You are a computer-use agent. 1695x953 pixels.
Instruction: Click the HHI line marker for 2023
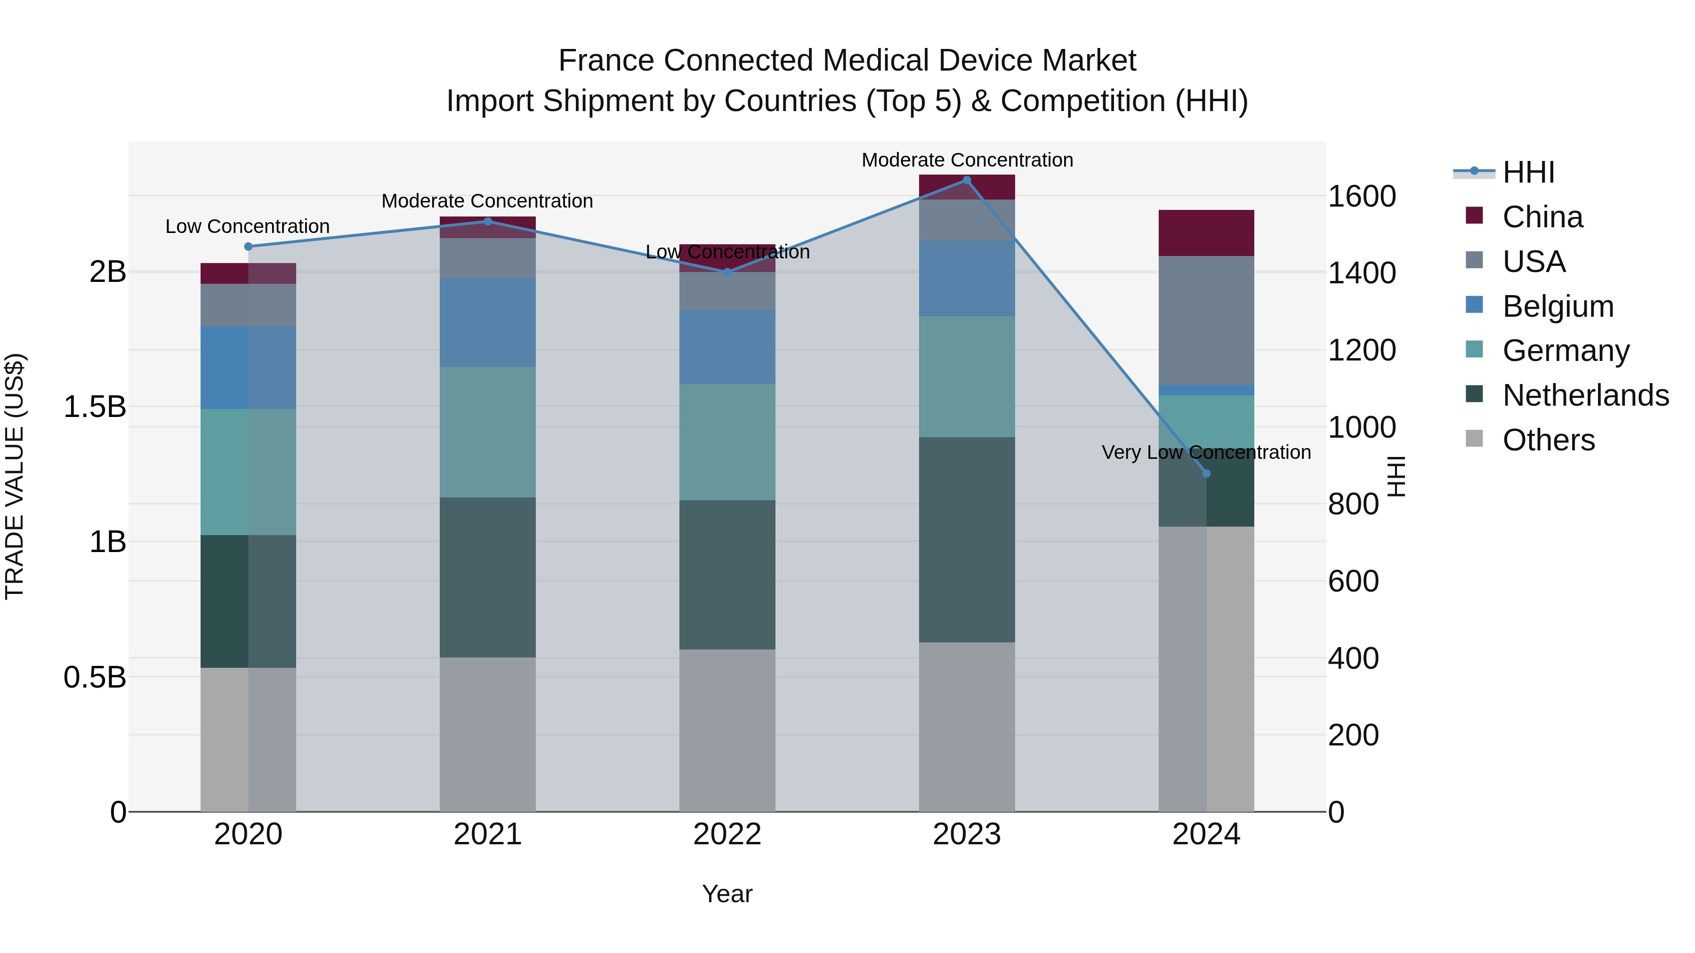coord(967,180)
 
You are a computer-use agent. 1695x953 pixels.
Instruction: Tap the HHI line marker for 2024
coord(1206,473)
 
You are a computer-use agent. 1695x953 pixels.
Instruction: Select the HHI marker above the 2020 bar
coord(248,247)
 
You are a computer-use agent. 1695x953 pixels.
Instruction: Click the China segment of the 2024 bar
coord(1206,233)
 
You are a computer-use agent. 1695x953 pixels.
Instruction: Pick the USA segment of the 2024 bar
coord(1206,320)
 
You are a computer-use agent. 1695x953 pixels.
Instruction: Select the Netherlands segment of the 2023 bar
coord(967,539)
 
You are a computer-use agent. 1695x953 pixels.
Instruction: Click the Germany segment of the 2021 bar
coord(488,432)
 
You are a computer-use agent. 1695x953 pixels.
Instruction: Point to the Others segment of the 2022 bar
coord(727,730)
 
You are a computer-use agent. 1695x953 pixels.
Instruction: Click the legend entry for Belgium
coord(1558,306)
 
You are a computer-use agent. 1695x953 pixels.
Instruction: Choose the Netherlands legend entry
coord(1585,395)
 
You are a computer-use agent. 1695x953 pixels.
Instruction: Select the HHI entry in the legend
coord(1528,172)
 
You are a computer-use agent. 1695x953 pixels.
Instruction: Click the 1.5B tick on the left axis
coord(95,407)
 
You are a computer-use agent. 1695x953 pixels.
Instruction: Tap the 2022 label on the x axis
coord(727,834)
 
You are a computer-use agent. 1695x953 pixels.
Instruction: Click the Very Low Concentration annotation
coord(1206,452)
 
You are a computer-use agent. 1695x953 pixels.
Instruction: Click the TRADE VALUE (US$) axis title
coord(15,476)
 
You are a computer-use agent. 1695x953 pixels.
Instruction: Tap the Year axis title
coord(727,894)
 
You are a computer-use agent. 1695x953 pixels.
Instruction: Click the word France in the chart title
coord(606,61)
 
